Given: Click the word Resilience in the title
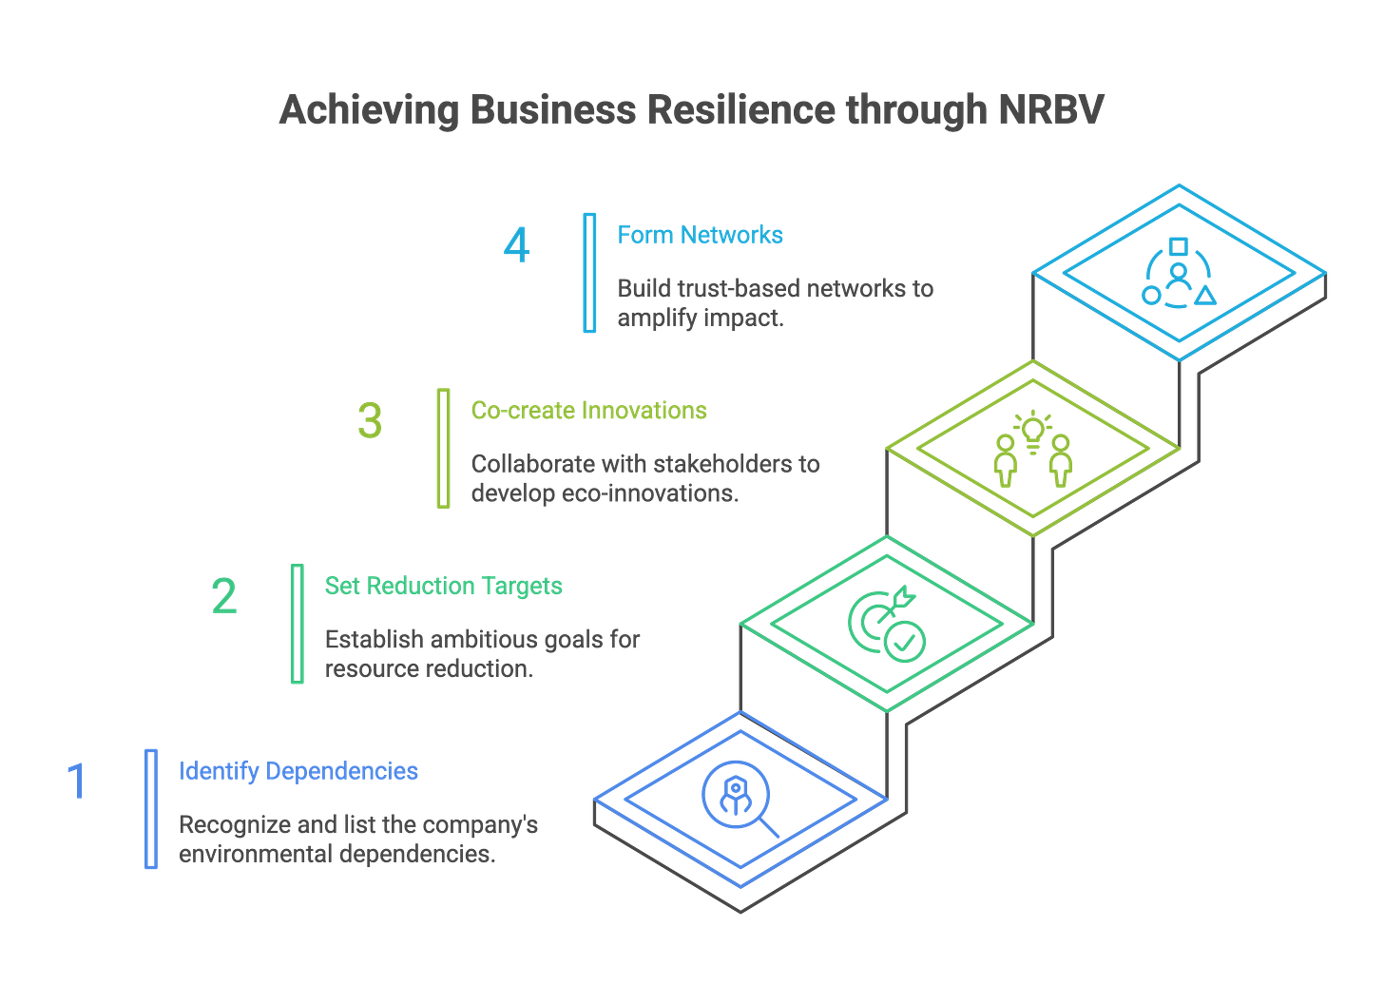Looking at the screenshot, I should pos(741,110).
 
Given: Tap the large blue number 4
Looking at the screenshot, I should pos(517,246).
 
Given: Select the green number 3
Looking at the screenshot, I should pos(370,420).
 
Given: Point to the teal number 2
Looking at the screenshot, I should pos(224,596).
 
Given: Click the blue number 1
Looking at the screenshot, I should pos(76,780).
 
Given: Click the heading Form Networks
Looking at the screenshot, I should pos(701,235).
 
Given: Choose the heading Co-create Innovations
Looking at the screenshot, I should pos(588,411).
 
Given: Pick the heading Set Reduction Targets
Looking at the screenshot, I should pos(443,586).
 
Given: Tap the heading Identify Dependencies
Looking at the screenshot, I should pos(298,770).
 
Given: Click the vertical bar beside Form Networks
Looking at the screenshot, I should pos(590,273).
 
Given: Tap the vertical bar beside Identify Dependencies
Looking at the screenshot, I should pos(151,808).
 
